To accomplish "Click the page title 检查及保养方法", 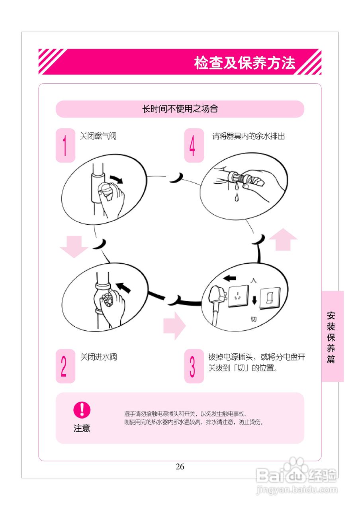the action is pos(245,63).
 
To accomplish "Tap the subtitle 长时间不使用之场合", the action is pos(180,109).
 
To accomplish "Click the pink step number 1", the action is pos(65,145).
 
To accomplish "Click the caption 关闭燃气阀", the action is pos(98,136).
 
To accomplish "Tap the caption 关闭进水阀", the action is pos(98,357).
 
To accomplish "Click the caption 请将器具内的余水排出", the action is pos(248,136).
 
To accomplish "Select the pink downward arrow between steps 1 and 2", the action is pos(74,246).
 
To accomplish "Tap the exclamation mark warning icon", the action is pos(82,410).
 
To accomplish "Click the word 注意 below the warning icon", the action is pos(82,428).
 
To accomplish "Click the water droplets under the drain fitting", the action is pos(237,191).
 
